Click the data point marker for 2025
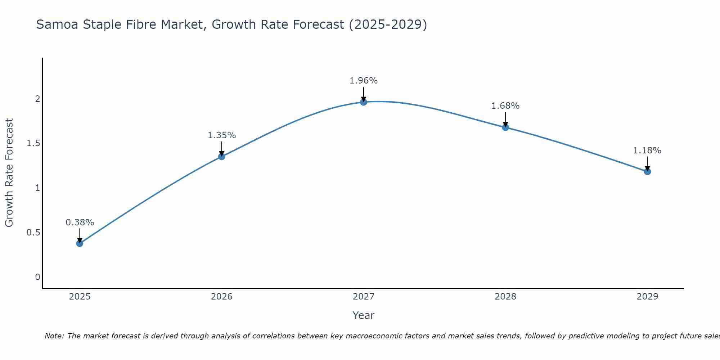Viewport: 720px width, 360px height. (80, 243)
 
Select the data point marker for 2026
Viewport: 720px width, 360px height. (222, 157)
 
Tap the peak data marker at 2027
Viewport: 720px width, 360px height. (364, 102)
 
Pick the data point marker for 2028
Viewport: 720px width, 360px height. (505, 127)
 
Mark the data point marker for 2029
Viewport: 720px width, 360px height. (647, 172)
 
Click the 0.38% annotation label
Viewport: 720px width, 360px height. (80, 222)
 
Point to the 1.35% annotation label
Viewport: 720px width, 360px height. (222, 135)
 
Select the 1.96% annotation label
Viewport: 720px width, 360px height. (364, 81)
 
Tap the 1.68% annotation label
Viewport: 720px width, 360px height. (505, 106)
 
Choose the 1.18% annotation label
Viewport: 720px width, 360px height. (647, 150)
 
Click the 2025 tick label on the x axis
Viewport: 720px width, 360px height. (80, 297)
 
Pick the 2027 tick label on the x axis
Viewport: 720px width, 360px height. (364, 297)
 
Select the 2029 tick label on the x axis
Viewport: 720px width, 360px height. (647, 297)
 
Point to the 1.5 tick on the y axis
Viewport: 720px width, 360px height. (33, 144)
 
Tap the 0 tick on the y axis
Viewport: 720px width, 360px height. (37, 277)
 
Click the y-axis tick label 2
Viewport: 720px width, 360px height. (37, 99)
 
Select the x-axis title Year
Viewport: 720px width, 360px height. (364, 315)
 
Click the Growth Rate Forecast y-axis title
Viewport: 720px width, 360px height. (9, 173)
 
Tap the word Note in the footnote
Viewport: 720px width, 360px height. (54, 336)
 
